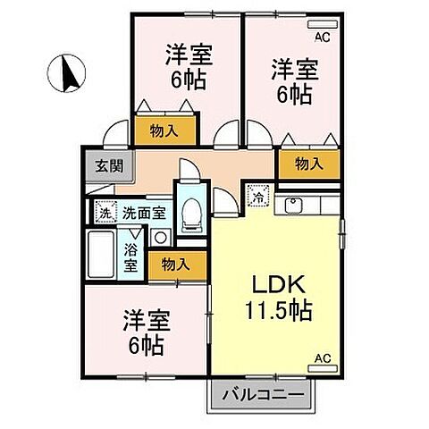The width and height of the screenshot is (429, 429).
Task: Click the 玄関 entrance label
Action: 100,166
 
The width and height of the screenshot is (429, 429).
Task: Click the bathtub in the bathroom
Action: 102,256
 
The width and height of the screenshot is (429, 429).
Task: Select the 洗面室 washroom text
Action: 143,214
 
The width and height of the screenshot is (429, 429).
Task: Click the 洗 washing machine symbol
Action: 103,214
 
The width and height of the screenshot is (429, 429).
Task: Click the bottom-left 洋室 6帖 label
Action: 145,332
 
